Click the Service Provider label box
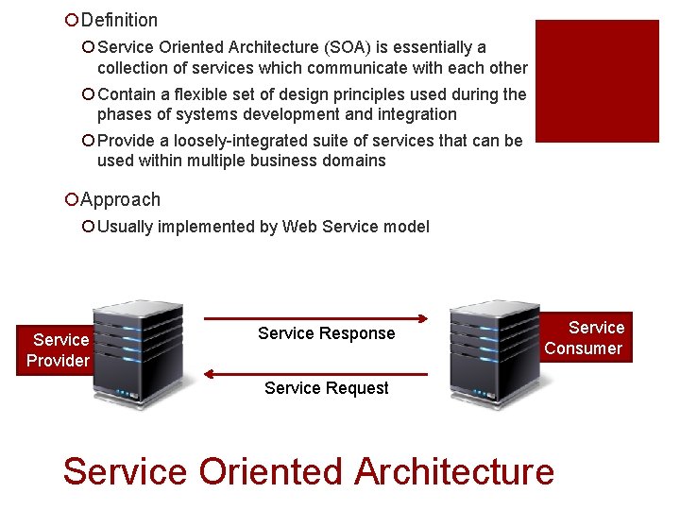tap(58, 349)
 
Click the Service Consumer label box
tap(584, 338)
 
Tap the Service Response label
tap(326, 333)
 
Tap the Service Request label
tap(327, 388)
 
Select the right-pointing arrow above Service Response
tap(315, 317)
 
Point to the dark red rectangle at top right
tap(596, 81)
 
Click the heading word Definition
tap(120, 20)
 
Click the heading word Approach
tap(121, 199)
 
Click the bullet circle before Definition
tap(71, 20)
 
